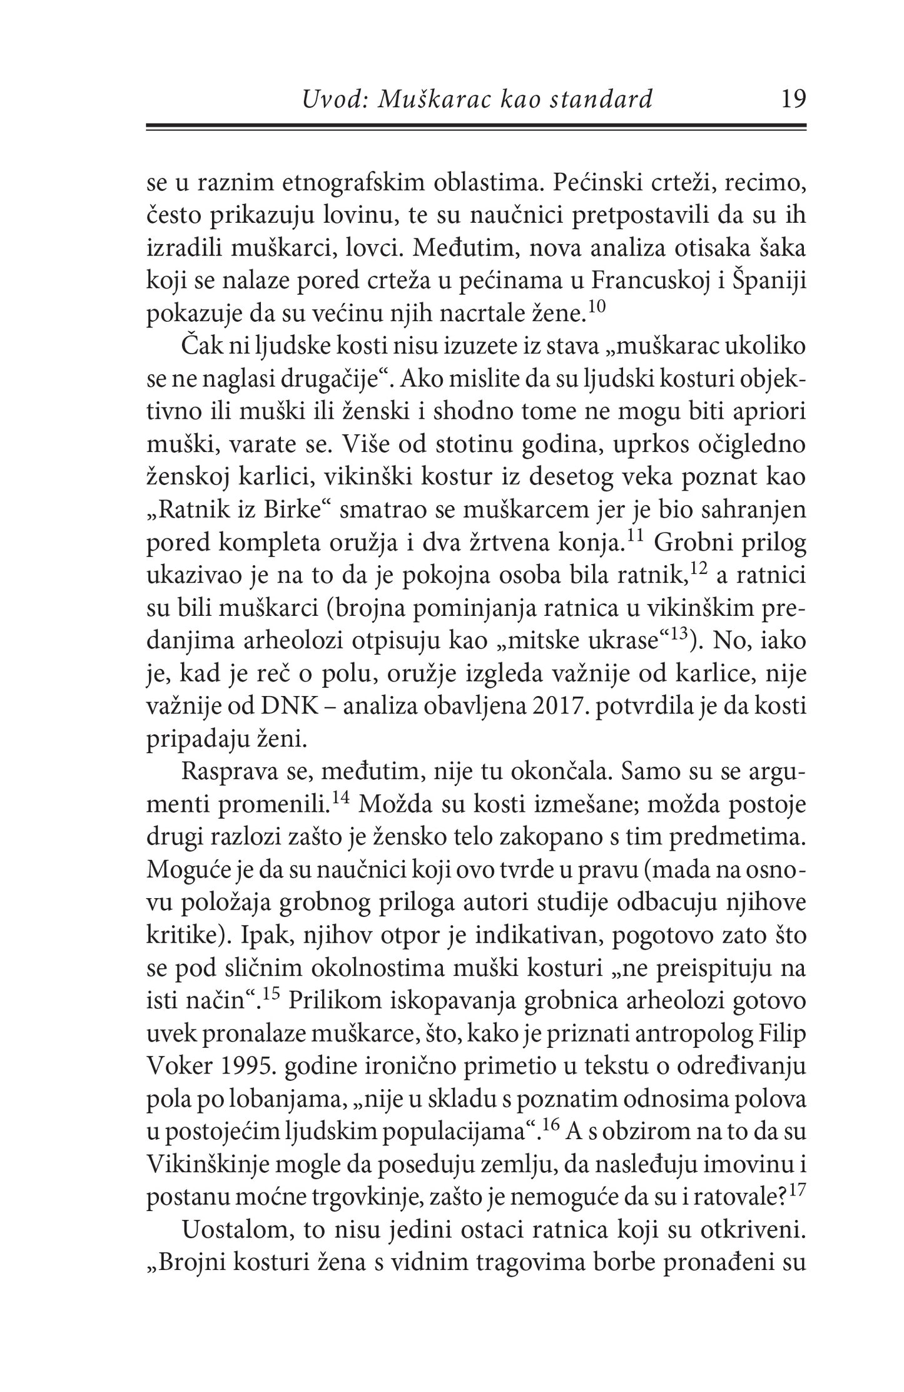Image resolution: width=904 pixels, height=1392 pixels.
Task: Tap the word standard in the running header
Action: click(x=604, y=100)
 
